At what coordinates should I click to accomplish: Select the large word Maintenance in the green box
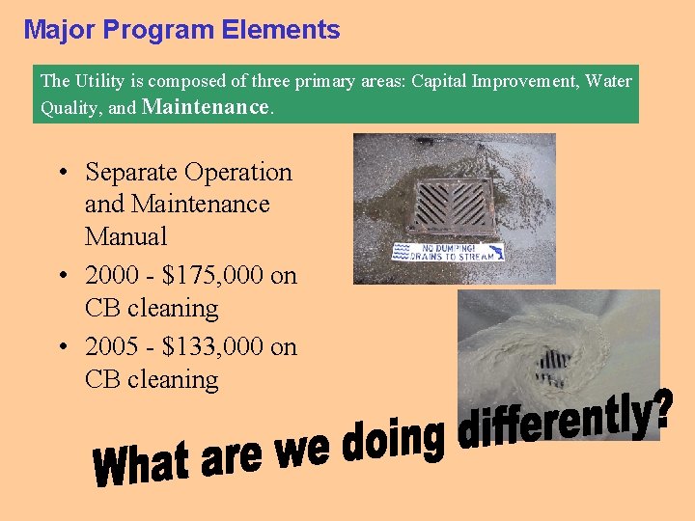pos(206,107)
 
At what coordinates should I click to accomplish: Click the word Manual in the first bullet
pos(126,236)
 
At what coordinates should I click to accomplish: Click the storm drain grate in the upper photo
pos(452,205)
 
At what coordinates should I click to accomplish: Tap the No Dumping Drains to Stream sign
pos(446,252)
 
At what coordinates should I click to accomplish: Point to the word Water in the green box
pos(608,81)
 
